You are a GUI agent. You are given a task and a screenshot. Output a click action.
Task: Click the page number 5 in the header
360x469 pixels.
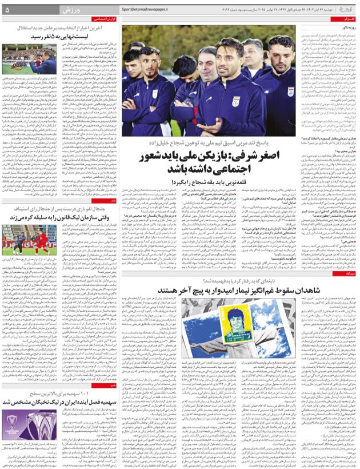[6, 10]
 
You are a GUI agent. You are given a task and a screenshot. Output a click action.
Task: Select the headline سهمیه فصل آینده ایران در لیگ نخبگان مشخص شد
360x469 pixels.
[63, 402]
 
